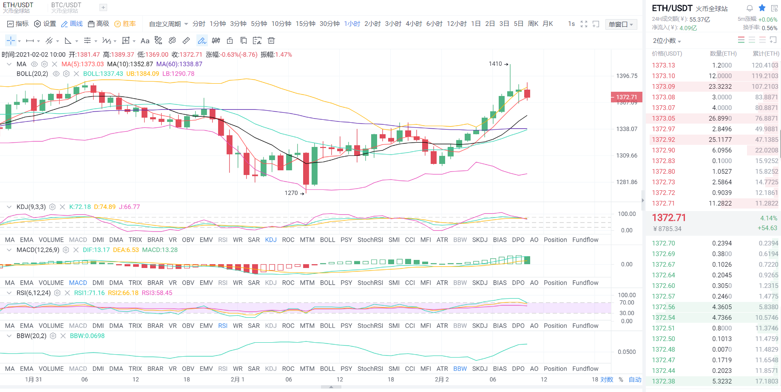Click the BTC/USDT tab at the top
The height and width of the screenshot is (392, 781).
[x=66, y=7]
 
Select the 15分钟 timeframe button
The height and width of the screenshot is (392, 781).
[x=305, y=24]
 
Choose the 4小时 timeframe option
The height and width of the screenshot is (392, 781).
[x=414, y=24]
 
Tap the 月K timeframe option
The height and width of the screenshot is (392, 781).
[x=548, y=24]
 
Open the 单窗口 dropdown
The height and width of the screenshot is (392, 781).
[x=621, y=24]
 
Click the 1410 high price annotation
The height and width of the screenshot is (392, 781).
[x=495, y=64]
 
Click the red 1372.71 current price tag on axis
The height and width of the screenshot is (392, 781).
[x=626, y=97]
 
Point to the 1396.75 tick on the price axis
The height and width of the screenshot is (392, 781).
[x=627, y=76]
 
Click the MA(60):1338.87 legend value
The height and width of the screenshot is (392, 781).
[x=179, y=64]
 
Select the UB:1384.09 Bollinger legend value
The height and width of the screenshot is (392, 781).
[x=142, y=73]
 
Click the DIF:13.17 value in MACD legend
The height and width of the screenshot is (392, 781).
[x=96, y=250]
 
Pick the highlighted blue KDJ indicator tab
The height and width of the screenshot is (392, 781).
[x=271, y=240]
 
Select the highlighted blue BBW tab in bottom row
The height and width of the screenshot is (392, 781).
[x=460, y=369]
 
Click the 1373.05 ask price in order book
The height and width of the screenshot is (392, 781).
[x=663, y=118]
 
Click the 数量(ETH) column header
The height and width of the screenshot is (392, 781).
[x=723, y=54]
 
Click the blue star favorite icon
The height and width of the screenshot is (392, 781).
[x=762, y=8]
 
